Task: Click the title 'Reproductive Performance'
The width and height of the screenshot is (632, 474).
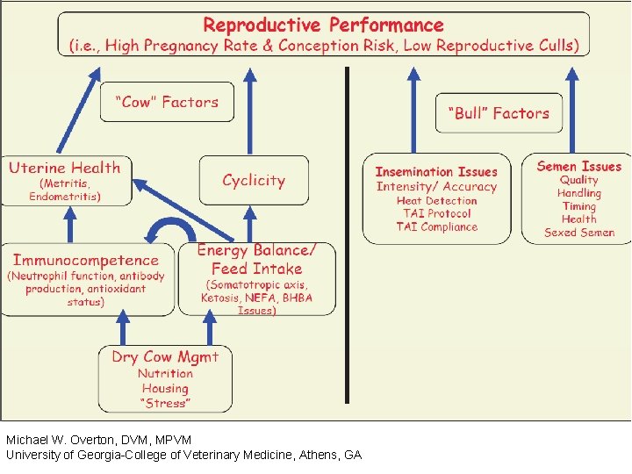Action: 323,25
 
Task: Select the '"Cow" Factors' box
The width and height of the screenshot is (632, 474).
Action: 167,102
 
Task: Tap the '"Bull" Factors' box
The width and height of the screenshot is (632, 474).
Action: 499,113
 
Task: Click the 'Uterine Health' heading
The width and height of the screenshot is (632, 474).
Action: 65,168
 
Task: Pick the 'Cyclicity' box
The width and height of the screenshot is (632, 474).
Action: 254,180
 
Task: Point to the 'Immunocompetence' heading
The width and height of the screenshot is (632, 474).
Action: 86,260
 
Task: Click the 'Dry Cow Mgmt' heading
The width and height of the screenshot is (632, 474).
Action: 165,356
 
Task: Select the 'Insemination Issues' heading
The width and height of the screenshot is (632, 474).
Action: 436,172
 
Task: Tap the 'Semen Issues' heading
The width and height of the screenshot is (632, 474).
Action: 578,166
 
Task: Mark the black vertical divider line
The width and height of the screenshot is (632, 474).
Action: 348,237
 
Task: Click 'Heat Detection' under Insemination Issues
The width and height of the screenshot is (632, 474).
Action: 436,200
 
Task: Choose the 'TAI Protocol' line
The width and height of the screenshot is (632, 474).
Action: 437,213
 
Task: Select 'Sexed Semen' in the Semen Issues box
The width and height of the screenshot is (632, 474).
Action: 579,233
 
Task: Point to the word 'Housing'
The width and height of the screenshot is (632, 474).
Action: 165,388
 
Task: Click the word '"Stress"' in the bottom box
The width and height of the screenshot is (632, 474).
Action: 165,403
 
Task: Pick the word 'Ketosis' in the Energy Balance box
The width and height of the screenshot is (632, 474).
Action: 219,298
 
